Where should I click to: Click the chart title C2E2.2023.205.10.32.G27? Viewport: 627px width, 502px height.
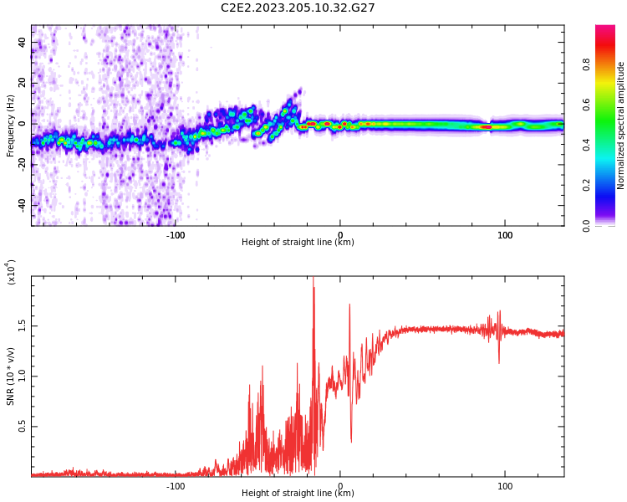tap(298, 8)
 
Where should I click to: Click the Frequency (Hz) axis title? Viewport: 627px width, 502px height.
tap(11, 125)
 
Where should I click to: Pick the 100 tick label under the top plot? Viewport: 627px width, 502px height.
tap(505, 234)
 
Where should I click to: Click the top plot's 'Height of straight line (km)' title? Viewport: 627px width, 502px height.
tap(298, 243)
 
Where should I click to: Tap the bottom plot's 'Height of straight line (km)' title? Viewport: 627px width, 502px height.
tap(298, 494)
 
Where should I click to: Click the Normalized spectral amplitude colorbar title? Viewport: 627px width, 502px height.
tap(621, 125)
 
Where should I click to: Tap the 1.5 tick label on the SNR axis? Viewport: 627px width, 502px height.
tap(23, 325)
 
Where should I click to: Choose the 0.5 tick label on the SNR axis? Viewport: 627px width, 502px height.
tap(23, 427)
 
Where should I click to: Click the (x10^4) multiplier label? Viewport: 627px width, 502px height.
tap(12, 273)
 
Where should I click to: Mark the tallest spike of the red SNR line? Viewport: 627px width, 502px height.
tap(313, 279)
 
